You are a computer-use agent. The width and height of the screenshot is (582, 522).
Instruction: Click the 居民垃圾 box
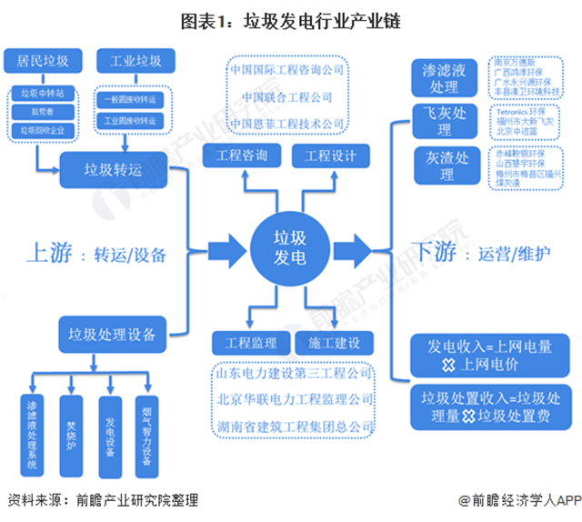[43, 62]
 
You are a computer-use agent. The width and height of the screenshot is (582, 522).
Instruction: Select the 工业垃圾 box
[135, 62]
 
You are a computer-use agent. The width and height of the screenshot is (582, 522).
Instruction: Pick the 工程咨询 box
[243, 156]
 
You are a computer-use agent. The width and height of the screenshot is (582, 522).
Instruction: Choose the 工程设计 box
[329, 156]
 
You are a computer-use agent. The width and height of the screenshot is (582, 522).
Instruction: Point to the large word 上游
[46, 254]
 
